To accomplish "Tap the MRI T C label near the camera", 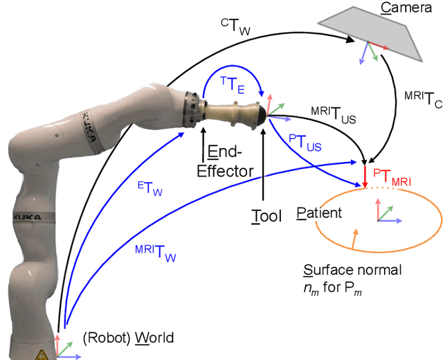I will pyautogui.click(x=422, y=103).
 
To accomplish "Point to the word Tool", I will pyautogui.click(x=266, y=216).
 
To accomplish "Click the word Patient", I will pyautogui.click(x=319, y=213).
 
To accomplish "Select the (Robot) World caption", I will pyautogui.click(x=128, y=338).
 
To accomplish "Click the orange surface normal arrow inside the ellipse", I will pyautogui.click(x=355, y=240).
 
